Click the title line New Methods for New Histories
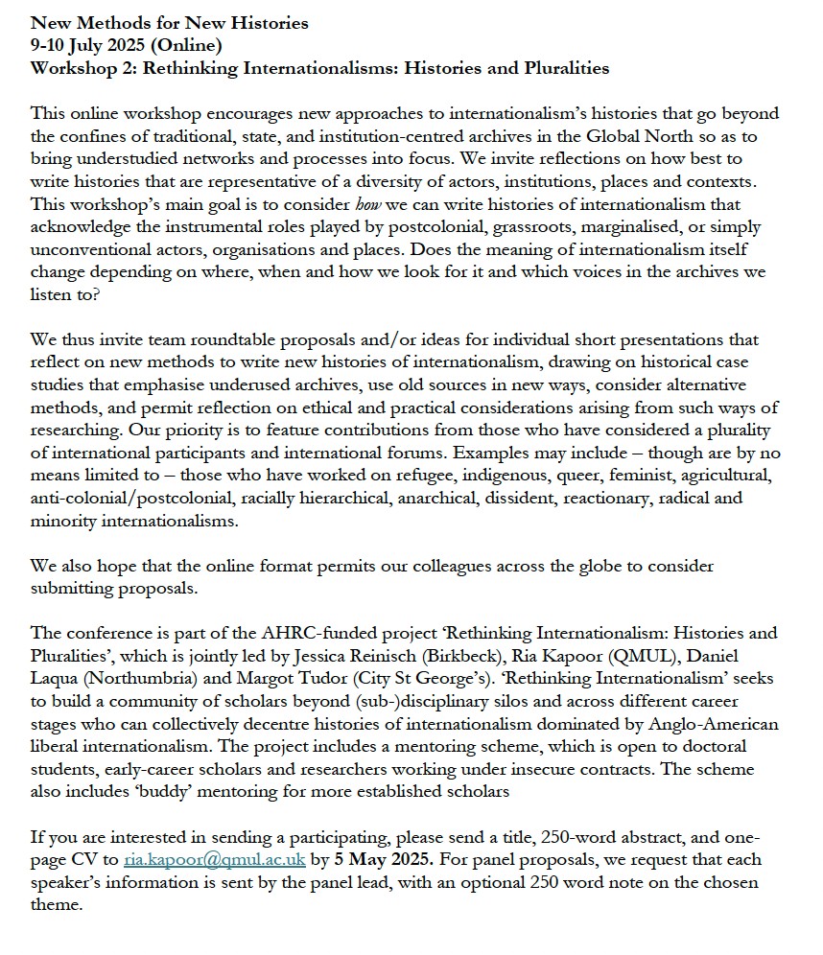tap(170, 23)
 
